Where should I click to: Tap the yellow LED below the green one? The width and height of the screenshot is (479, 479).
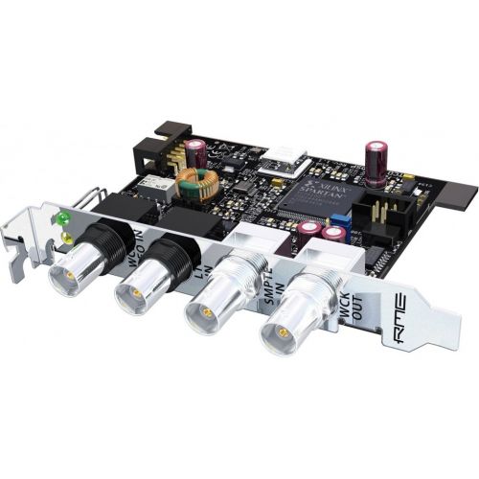[65, 235]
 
